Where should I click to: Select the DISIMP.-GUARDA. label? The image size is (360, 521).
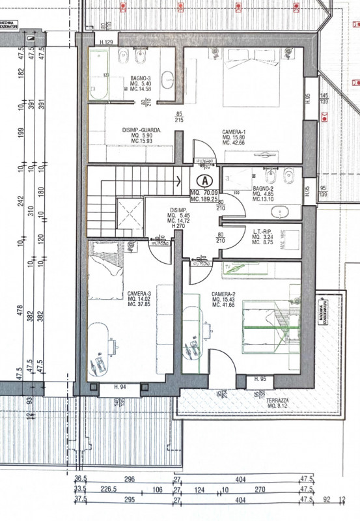[x=141, y=130]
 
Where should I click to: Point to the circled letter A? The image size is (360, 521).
[x=205, y=180]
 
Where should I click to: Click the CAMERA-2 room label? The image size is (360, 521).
[x=223, y=294]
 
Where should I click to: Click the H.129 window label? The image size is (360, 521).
[x=107, y=43]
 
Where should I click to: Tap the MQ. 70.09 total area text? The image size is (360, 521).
[x=204, y=192]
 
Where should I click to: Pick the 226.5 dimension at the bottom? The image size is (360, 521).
[x=108, y=490]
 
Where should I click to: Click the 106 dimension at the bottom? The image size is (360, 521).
[x=157, y=490]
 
